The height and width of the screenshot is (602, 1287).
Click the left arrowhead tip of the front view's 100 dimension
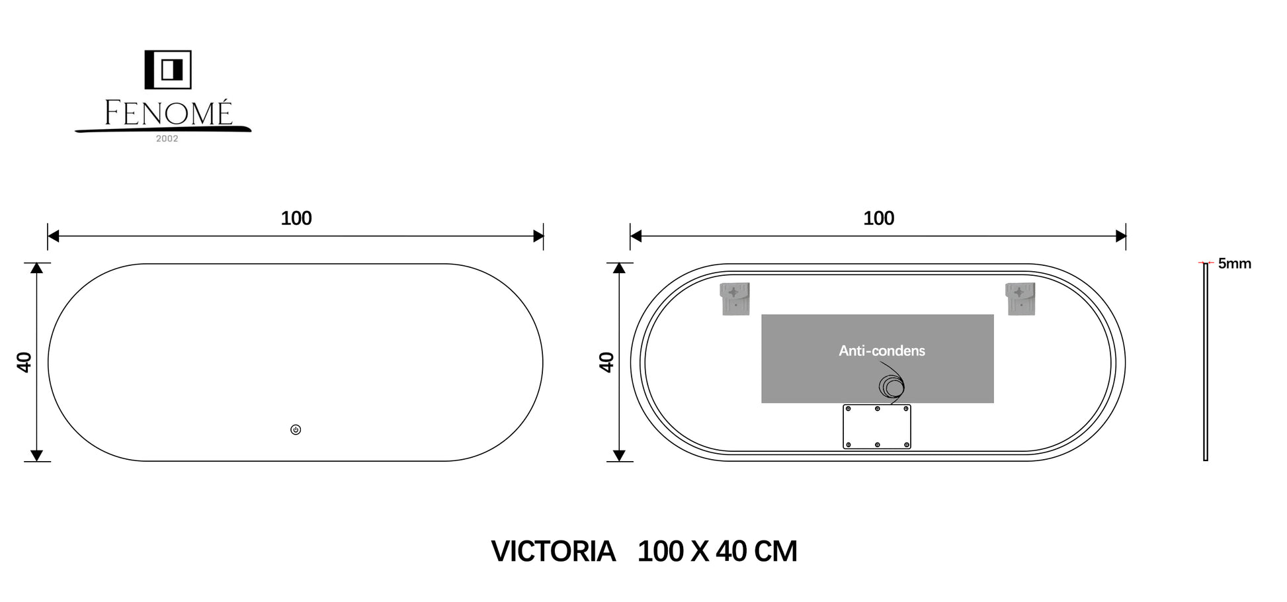click(x=48, y=236)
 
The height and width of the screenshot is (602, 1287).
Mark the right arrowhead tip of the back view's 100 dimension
click(x=1126, y=236)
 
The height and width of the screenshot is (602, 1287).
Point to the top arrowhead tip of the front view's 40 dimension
click(x=37, y=263)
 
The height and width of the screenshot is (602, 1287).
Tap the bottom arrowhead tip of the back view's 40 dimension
click(x=619, y=460)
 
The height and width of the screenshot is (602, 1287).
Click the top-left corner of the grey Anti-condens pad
click(x=762, y=315)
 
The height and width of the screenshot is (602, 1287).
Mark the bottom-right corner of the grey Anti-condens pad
click(x=993, y=402)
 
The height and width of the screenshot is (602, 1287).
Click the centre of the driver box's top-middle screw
click(x=877, y=409)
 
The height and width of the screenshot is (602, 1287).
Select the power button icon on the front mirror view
click(x=296, y=430)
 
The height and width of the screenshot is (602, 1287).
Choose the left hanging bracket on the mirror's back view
click(x=735, y=299)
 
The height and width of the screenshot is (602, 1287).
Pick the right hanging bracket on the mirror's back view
click(x=1020, y=299)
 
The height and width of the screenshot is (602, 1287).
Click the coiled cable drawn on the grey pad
click(x=892, y=386)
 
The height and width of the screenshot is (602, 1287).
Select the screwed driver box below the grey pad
click(x=877, y=427)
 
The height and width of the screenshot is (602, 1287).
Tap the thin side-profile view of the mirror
click(x=1206, y=362)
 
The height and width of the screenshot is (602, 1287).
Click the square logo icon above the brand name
click(x=168, y=69)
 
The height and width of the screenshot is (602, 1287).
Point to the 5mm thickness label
click(x=1235, y=263)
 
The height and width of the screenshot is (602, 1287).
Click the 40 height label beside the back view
click(x=606, y=363)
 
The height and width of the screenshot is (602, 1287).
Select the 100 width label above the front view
click(x=296, y=218)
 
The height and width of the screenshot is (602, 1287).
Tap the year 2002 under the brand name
click(x=167, y=139)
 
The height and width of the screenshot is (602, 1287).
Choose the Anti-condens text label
click(x=882, y=351)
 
